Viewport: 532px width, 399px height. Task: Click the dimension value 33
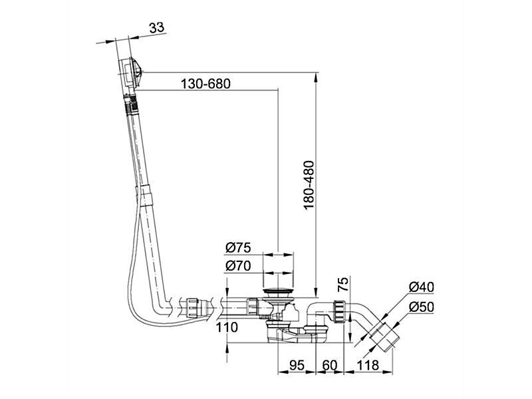pyautogui.click(x=157, y=27)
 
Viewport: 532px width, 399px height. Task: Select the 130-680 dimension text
pyautogui.click(x=205, y=84)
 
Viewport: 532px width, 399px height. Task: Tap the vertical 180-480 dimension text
pyautogui.click(x=309, y=186)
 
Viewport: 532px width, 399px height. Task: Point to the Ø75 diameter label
pyautogui.click(x=238, y=248)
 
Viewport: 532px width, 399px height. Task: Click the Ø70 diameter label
pyautogui.click(x=238, y=266)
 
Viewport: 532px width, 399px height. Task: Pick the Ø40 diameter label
pyautogui.click(x=422, y=287)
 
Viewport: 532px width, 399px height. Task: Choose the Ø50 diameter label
pyautogui.click(x=422, y=307)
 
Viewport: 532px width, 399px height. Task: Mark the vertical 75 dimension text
pyautogui.click(x=343, y=285)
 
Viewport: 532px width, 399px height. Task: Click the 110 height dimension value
pyautogui.click(x=227, y=327)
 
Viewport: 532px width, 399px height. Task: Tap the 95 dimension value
pyautogui.click(x=297, y=365)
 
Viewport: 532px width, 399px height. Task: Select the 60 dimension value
pyautogui.click(x=330, y=365)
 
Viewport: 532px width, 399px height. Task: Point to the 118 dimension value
pyautogui.click(x=368, y=365)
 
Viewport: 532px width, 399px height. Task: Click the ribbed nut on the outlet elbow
pyautogui.click(x=340, y=310)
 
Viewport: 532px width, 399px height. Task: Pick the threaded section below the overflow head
pyautogui.click(x=131, y=104)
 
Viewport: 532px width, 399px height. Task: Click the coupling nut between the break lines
pyautogui.click(x=192, y=308)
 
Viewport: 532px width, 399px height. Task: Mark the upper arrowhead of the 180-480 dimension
pyautogui.click(x=316, y=77)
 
